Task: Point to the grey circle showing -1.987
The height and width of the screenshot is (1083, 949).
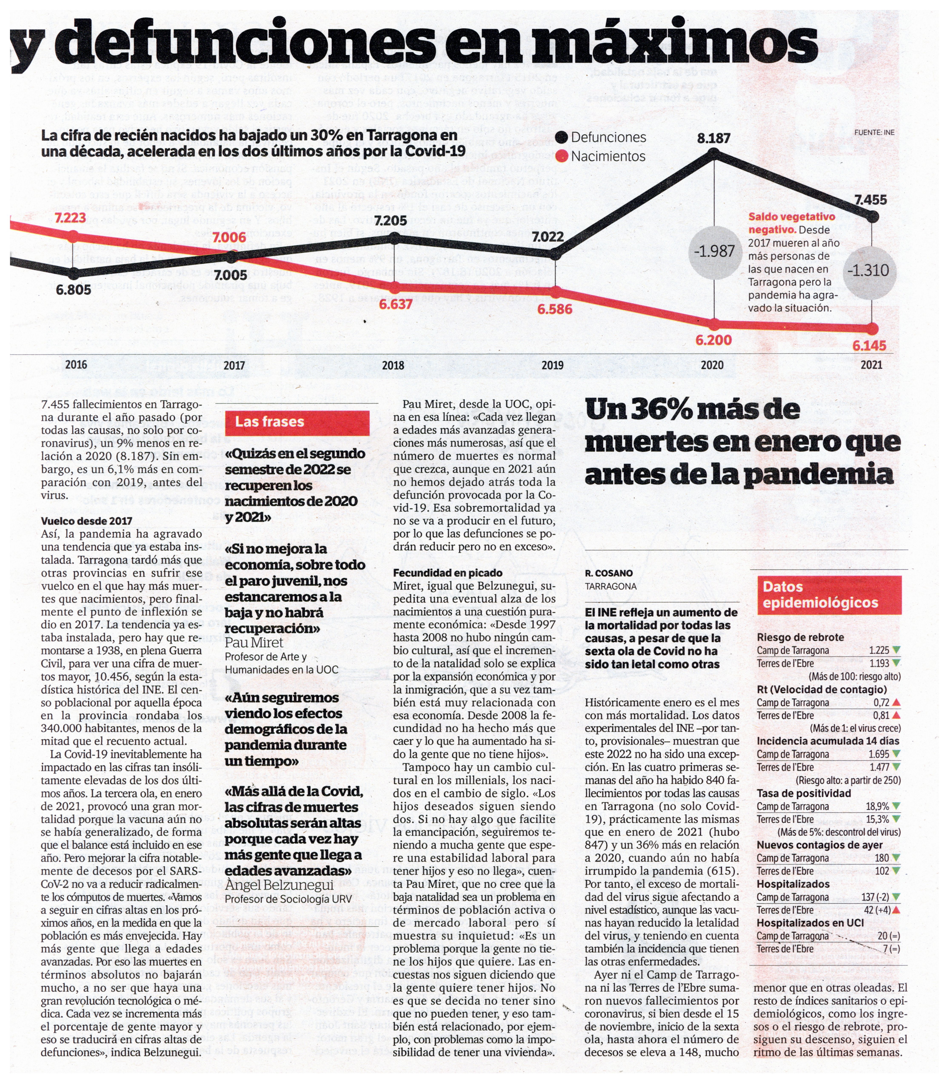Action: [x=714, y=251]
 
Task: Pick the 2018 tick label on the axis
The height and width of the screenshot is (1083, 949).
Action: [x=393, y=365]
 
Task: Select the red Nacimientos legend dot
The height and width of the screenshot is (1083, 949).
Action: [x=562, y=156]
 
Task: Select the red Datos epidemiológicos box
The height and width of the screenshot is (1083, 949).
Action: [x=829, y=595]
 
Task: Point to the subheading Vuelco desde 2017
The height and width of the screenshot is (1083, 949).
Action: [x=86, y=521]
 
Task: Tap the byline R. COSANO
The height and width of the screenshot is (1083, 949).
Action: [x=608, y=573]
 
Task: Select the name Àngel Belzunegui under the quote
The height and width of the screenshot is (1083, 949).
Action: [x=279, y=884]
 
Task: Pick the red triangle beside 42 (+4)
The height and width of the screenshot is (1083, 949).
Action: [x=896, y=910]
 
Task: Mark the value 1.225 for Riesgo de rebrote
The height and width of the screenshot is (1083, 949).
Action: [x=879, y=650]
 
